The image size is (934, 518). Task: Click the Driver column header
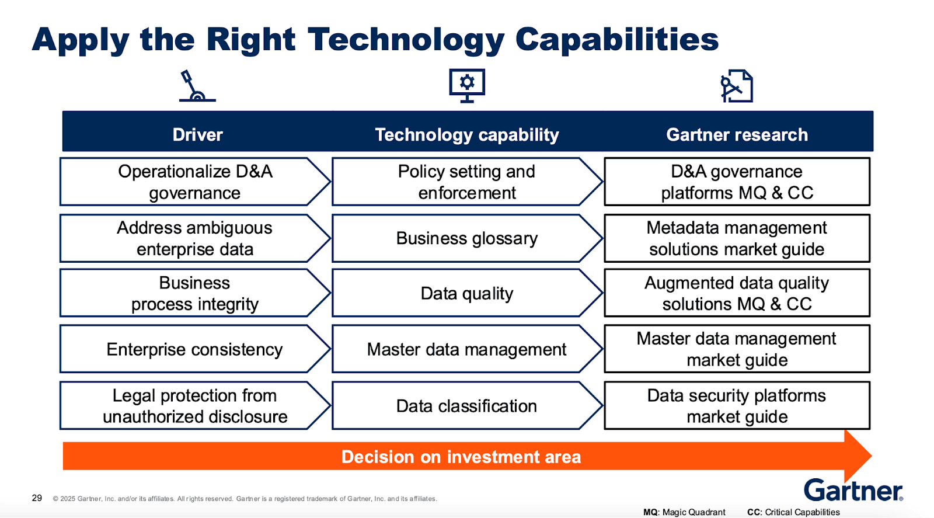[197, 135]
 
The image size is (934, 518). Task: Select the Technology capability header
[466, 135]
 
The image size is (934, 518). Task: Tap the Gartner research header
[737, 135]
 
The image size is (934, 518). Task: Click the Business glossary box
[466, 238]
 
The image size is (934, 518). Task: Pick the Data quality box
[466, 293]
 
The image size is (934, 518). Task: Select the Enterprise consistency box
[194, 349]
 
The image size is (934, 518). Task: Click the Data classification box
[466, 406]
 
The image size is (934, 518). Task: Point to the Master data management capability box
[466, 349]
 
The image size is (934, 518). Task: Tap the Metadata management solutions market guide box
[737, 238]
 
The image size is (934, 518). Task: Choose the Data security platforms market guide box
[737, 406]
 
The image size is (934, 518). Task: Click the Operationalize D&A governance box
[194, 182]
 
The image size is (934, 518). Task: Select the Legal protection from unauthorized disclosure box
[194, 406]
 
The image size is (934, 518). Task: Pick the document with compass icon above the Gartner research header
[736, 86]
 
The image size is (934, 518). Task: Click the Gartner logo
[853, 490]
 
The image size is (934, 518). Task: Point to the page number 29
[37, 498]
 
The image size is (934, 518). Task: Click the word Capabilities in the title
[616, 40]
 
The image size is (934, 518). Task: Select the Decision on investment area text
[461, 457]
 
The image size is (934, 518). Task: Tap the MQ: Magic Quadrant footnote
[684, 512]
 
